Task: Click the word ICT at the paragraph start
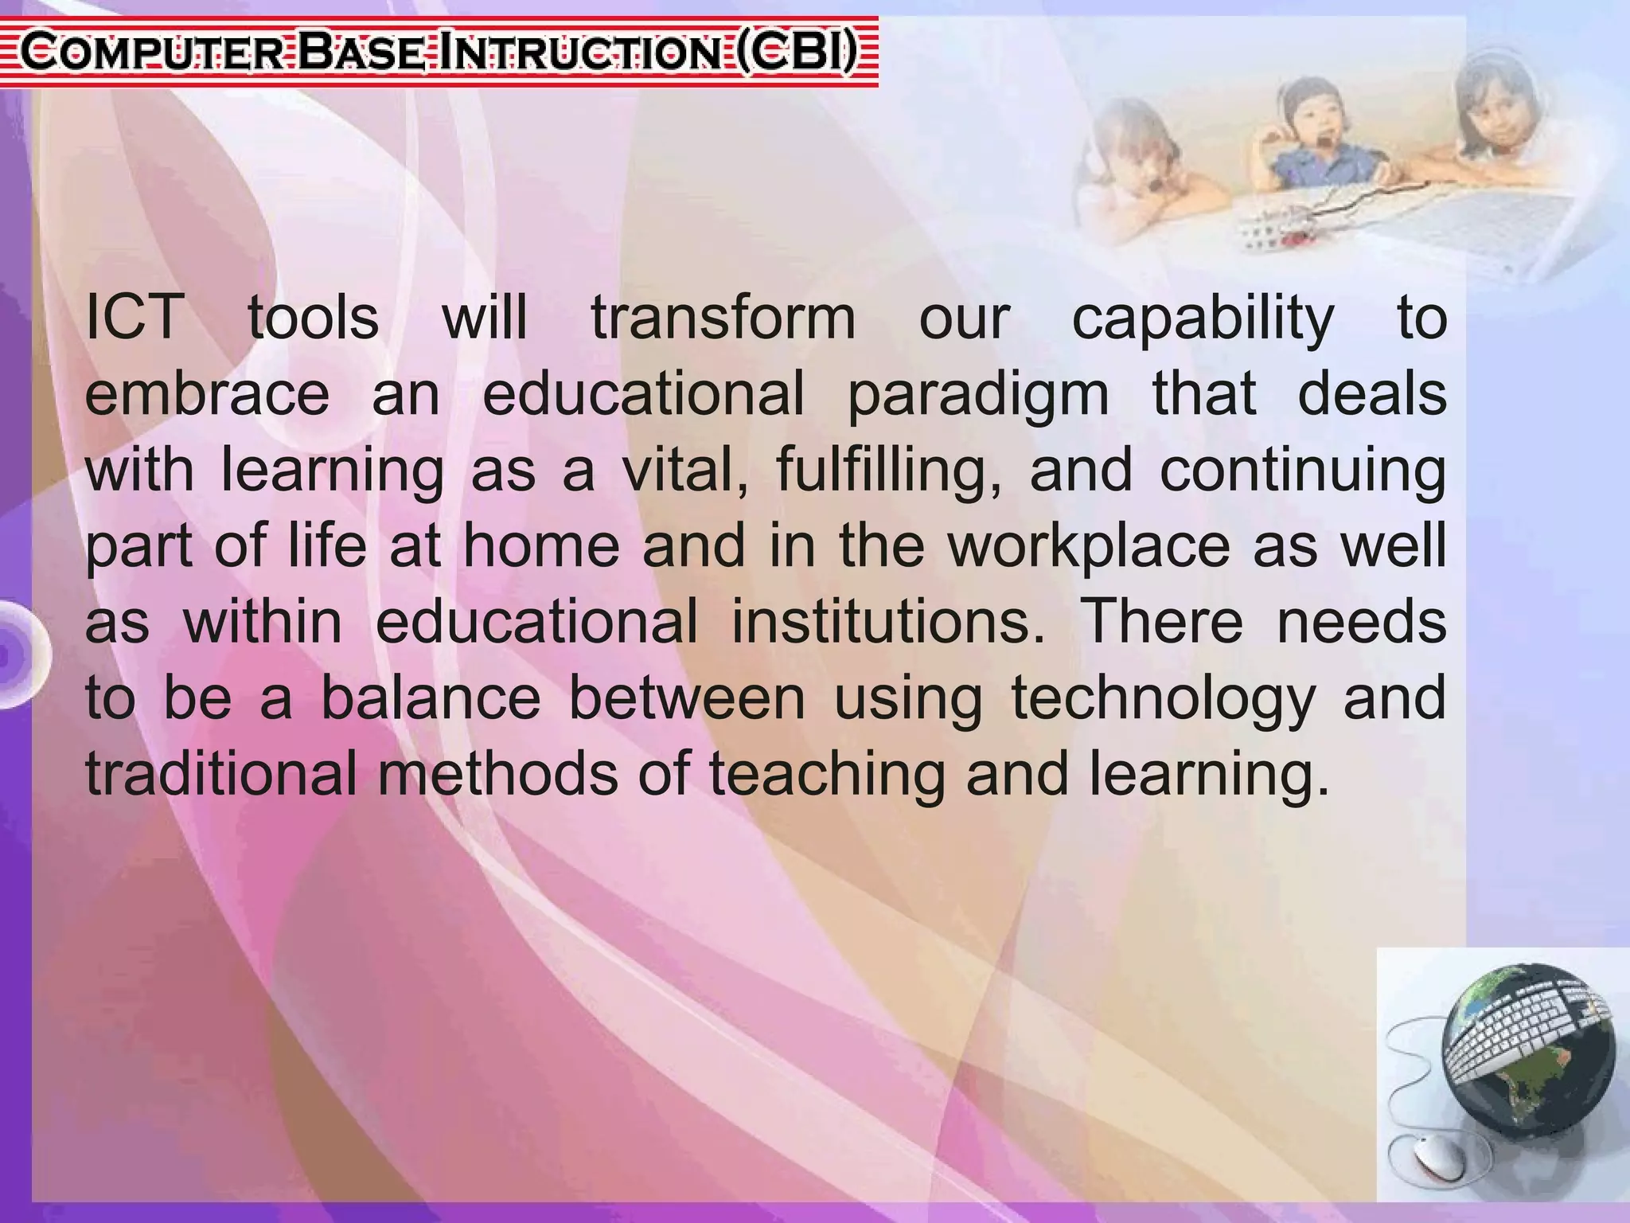click(134, 317)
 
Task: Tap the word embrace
click(207, 393)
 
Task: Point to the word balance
click(431, 697)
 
